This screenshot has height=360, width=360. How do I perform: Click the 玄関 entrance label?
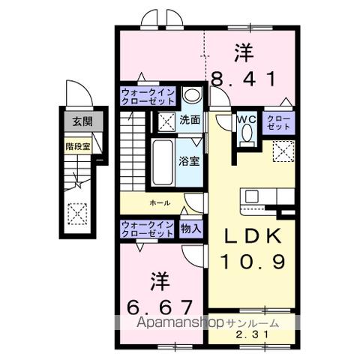(x=77, y=121)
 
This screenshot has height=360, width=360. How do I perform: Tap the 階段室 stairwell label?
(x=77, y=147)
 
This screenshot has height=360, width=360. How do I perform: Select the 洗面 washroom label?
(x=190, y=118)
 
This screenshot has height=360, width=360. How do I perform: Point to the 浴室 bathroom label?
(x=188, y=160)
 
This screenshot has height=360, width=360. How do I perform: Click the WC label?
(x=246, y=118)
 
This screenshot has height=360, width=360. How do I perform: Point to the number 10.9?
(x=253, y=262)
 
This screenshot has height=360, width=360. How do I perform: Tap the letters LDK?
(x=253, y=236)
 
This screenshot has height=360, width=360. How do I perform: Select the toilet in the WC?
(x=246, y=136)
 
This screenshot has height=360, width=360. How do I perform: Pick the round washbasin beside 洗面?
(x=191, y=96)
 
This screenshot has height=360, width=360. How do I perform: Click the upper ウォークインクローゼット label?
(x=148, y=97)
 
